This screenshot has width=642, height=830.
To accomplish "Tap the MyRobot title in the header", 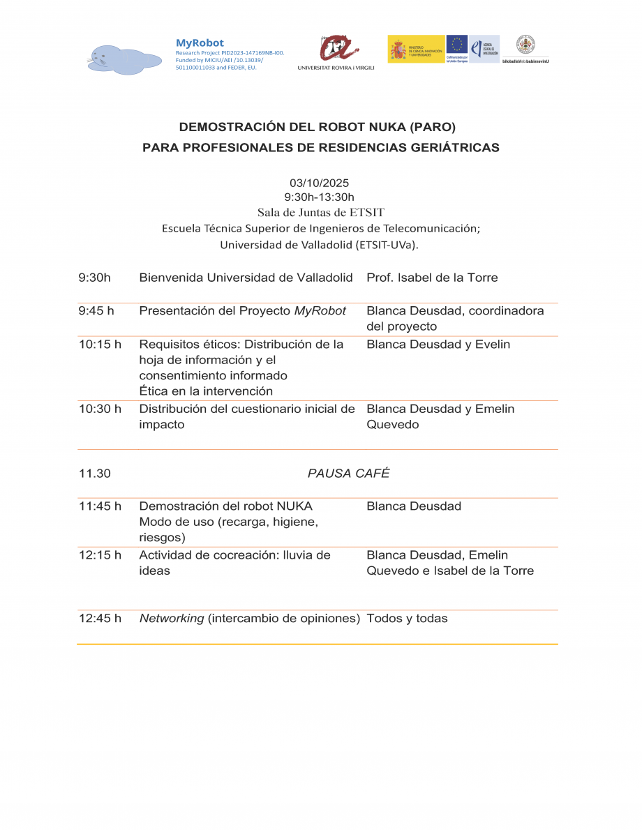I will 200,43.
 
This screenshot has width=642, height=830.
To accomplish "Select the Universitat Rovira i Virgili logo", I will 336,52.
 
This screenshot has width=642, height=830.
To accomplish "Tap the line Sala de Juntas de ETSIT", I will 320,212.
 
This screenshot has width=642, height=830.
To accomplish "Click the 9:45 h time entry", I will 96,311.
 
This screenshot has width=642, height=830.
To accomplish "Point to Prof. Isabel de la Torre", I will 432,278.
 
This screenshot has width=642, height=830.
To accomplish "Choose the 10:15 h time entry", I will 100,345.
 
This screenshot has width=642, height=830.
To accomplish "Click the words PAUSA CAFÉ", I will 348,474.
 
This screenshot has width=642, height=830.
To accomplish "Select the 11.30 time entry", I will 95,474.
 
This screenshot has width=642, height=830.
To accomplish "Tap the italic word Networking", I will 172,618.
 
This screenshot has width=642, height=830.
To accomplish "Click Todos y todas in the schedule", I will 407,618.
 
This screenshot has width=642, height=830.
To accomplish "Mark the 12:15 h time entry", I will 100,555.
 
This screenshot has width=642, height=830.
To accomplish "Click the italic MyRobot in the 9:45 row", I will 320,311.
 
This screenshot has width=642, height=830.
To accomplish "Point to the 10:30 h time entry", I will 100,409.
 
